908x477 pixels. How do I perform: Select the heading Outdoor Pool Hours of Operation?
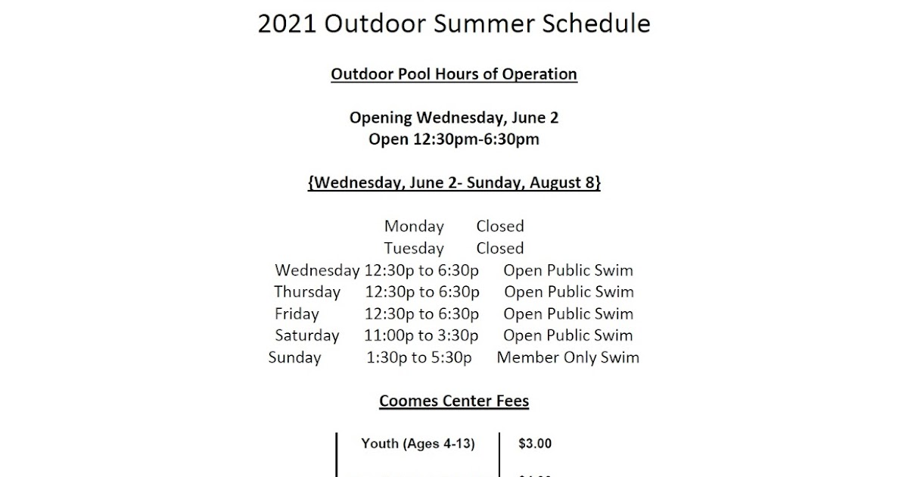(454, 74)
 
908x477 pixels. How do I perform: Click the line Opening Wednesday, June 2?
(454, 118)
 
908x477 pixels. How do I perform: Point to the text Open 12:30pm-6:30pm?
(454, 139)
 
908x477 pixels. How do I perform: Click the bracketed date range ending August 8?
(454, 183)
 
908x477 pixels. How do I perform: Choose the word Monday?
(414, 226)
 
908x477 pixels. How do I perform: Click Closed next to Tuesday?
(499, 248)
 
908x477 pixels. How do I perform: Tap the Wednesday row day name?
(317, 270)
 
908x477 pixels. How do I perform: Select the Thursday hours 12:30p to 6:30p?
(422, 292)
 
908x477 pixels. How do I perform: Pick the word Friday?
(297, 314)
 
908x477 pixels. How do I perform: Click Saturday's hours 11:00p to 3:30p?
(421, 335)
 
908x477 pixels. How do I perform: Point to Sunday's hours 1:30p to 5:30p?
(418, 357)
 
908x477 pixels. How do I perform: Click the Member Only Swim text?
(567, 357)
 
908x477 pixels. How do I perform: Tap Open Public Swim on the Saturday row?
(568, 335)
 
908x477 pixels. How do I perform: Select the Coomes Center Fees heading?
(454, 401)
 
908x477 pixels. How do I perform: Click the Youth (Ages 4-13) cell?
(418, 444)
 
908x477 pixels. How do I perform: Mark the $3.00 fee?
(535, 444)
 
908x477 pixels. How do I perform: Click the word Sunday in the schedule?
(294, 357)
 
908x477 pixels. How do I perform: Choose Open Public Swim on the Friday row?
(568, 314)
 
